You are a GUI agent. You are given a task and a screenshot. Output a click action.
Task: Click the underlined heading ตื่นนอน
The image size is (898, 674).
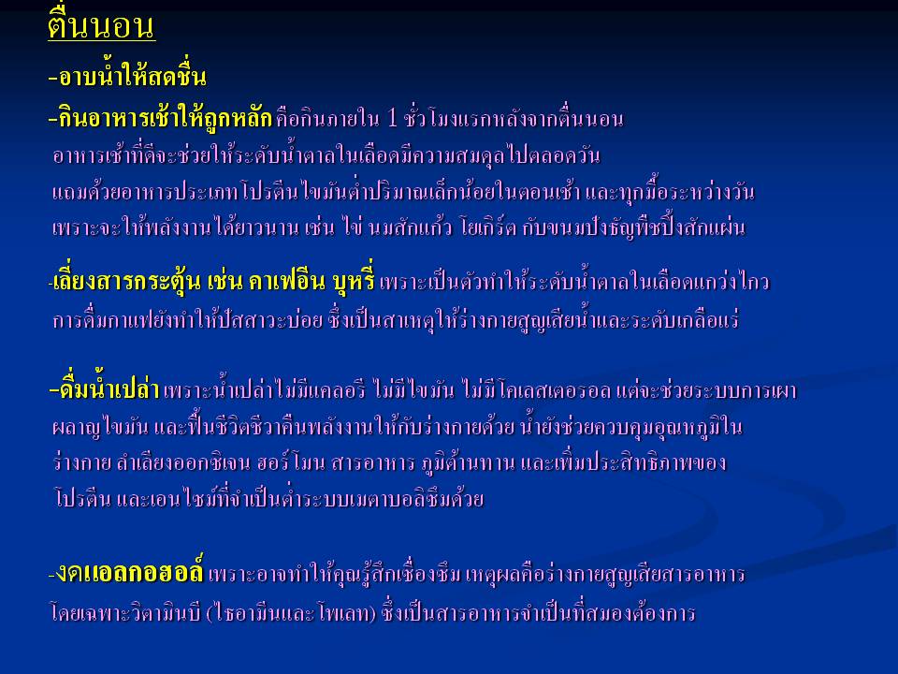tap(101, 26)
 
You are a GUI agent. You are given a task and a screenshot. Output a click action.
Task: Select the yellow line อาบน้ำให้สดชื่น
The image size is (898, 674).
tap(127, 77)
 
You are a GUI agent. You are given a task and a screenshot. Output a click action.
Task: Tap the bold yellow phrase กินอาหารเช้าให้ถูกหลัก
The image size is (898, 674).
tap(160, 118)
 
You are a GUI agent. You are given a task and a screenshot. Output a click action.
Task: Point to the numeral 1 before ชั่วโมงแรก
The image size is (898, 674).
tap(392, 119)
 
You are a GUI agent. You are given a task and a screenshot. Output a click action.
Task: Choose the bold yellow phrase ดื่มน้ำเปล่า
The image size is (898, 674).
tap(104, 389)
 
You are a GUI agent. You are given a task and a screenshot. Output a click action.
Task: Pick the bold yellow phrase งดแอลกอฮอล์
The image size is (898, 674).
tap(126, 571)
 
